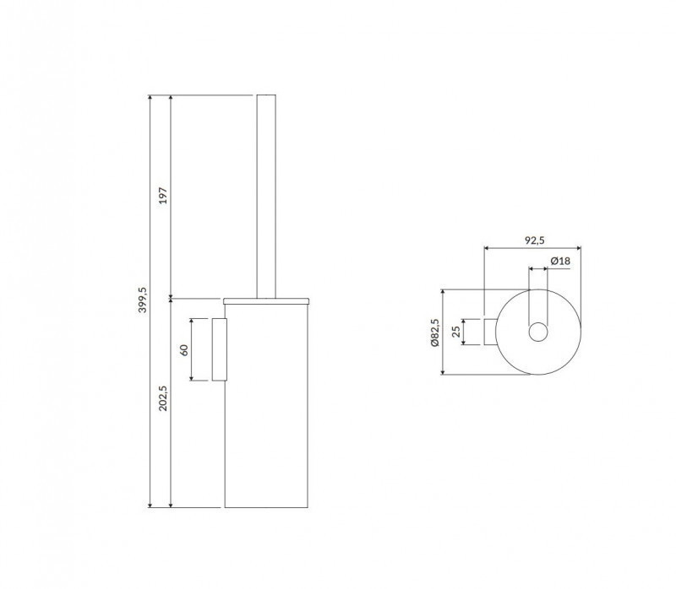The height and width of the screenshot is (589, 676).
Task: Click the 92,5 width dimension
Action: (x=533, y=240)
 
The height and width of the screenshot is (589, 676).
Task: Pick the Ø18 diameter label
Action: (x=560, y=261)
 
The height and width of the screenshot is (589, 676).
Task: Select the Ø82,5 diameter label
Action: (x=434, y=335)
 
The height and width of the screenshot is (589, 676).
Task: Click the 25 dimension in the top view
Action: (x=456, y=332)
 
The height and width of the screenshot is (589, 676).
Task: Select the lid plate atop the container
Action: (x=268, y=300)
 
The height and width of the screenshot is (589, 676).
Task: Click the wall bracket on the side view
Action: (x=220, y=349)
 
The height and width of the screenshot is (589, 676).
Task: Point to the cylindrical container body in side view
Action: (x=268, y=405)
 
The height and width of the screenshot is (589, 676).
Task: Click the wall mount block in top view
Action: (x=489, y=332)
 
